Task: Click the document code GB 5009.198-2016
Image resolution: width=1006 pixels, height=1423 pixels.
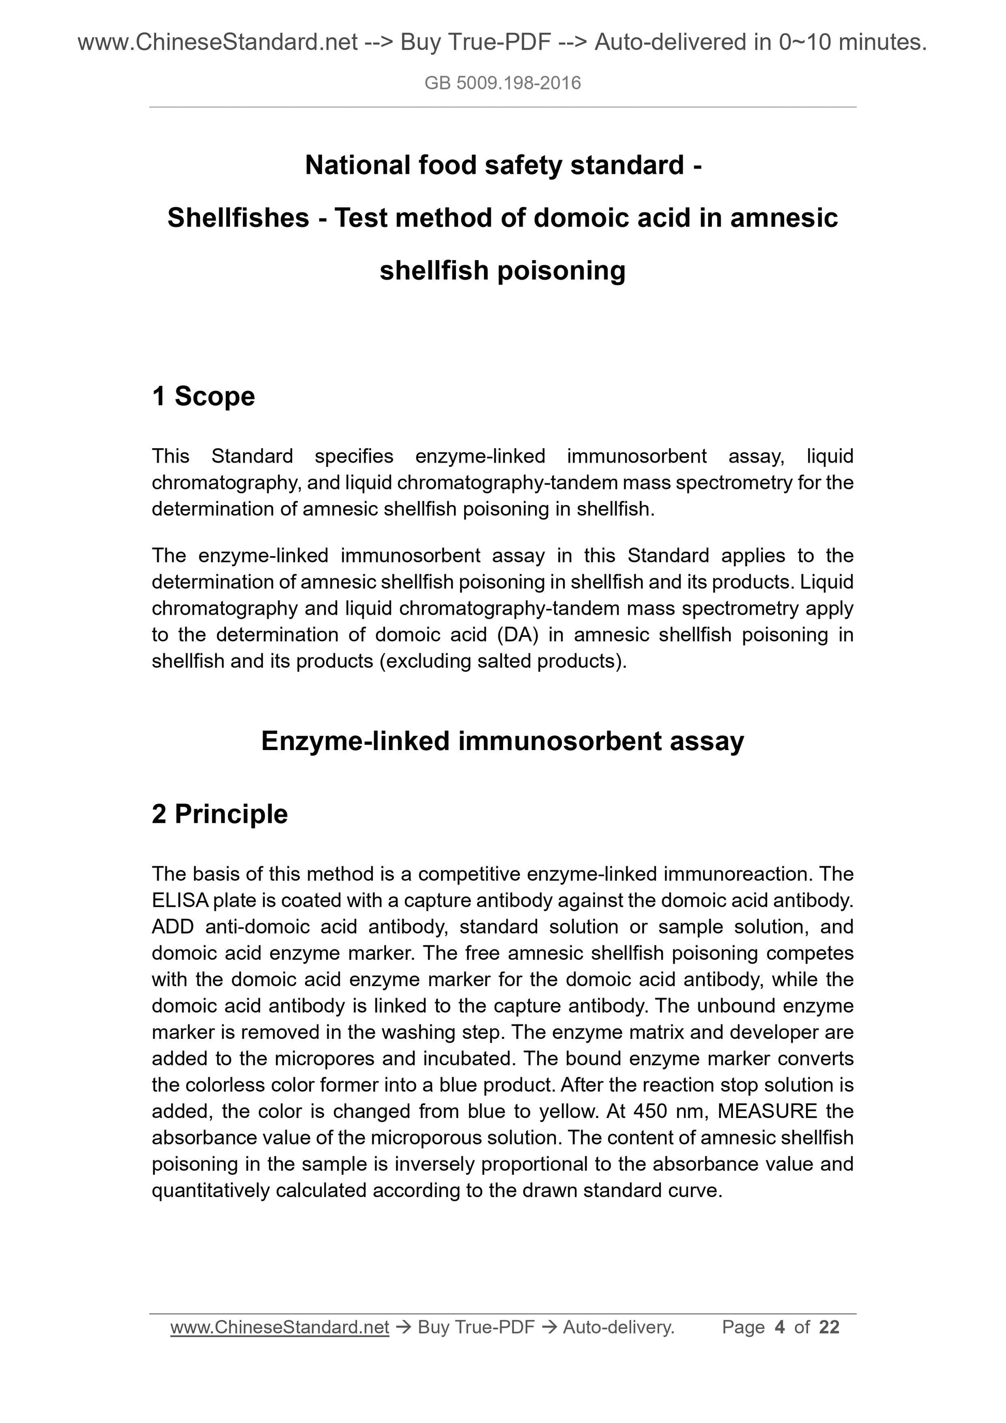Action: click(x=502, y=83)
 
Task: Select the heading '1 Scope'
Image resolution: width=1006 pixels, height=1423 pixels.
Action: click(x=203, y=396)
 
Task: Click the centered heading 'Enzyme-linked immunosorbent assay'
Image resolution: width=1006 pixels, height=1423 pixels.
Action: click(x=502, y=741)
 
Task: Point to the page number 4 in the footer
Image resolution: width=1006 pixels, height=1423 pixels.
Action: click(x=780, y=1327)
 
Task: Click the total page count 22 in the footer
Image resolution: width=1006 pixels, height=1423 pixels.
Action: click(x=829, y=1327)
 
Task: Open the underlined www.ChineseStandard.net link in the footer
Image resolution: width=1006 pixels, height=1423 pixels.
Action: click(x=280, y=1327)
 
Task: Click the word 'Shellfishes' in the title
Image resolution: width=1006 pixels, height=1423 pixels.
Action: click(x=238, y=218)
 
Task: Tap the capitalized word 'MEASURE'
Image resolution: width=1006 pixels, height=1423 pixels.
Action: click(x=767, y=1111)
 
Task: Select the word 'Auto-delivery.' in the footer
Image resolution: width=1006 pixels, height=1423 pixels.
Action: click(x=618, y=1327)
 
